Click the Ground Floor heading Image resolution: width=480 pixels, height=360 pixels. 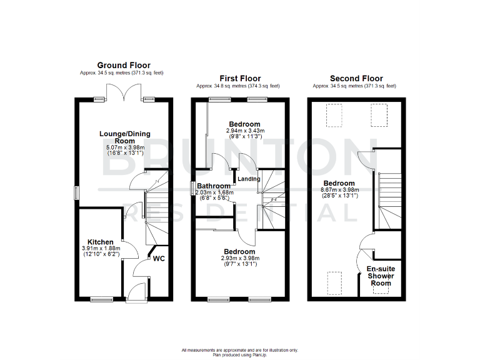click(x=124, y=65)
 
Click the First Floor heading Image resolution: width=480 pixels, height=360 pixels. click(x=240, y=78)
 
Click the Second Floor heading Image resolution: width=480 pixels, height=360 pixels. click(x=357, y=78)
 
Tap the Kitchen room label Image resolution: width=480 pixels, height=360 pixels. click(x=100, y=242)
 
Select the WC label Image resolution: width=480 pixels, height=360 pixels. click(x=159, y=257)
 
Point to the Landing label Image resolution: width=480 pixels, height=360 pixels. click(x=248, y=179)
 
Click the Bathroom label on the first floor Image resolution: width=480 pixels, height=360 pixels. click(x=214, y=186)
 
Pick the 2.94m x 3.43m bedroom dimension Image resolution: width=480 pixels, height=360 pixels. click(x=244, y=131)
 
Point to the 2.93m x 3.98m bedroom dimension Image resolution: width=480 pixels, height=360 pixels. click(x=239, y=257)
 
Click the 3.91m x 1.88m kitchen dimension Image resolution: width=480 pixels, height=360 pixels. click(x=100, y=249)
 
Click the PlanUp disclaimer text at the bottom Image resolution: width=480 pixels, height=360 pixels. click(x=240, y=352)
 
